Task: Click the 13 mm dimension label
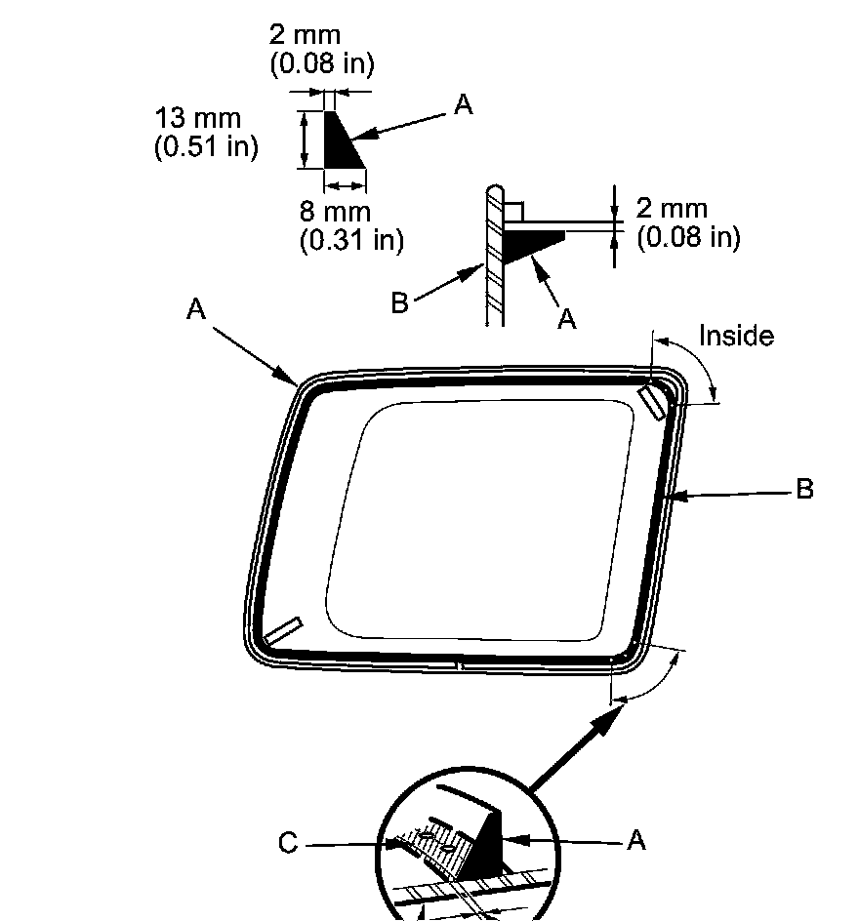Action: pos(198,118)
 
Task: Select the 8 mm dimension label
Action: pos(335,212)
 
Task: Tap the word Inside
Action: pos(736,336)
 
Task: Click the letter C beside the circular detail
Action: pos(288,843)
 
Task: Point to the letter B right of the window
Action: pos(805,489)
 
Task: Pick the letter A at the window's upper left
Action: pos(196,309)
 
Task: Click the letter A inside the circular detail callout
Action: pos(636,841)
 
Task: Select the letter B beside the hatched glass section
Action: pos(399,303)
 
